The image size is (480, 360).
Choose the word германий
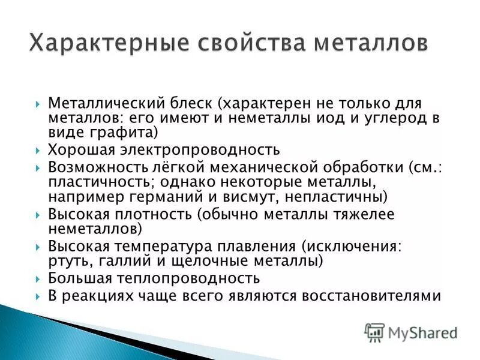tap(166, 196)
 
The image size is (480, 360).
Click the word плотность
tap(157, 214)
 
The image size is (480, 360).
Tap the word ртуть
tap(67, 261)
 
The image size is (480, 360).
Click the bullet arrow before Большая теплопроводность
tap(38, 279)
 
